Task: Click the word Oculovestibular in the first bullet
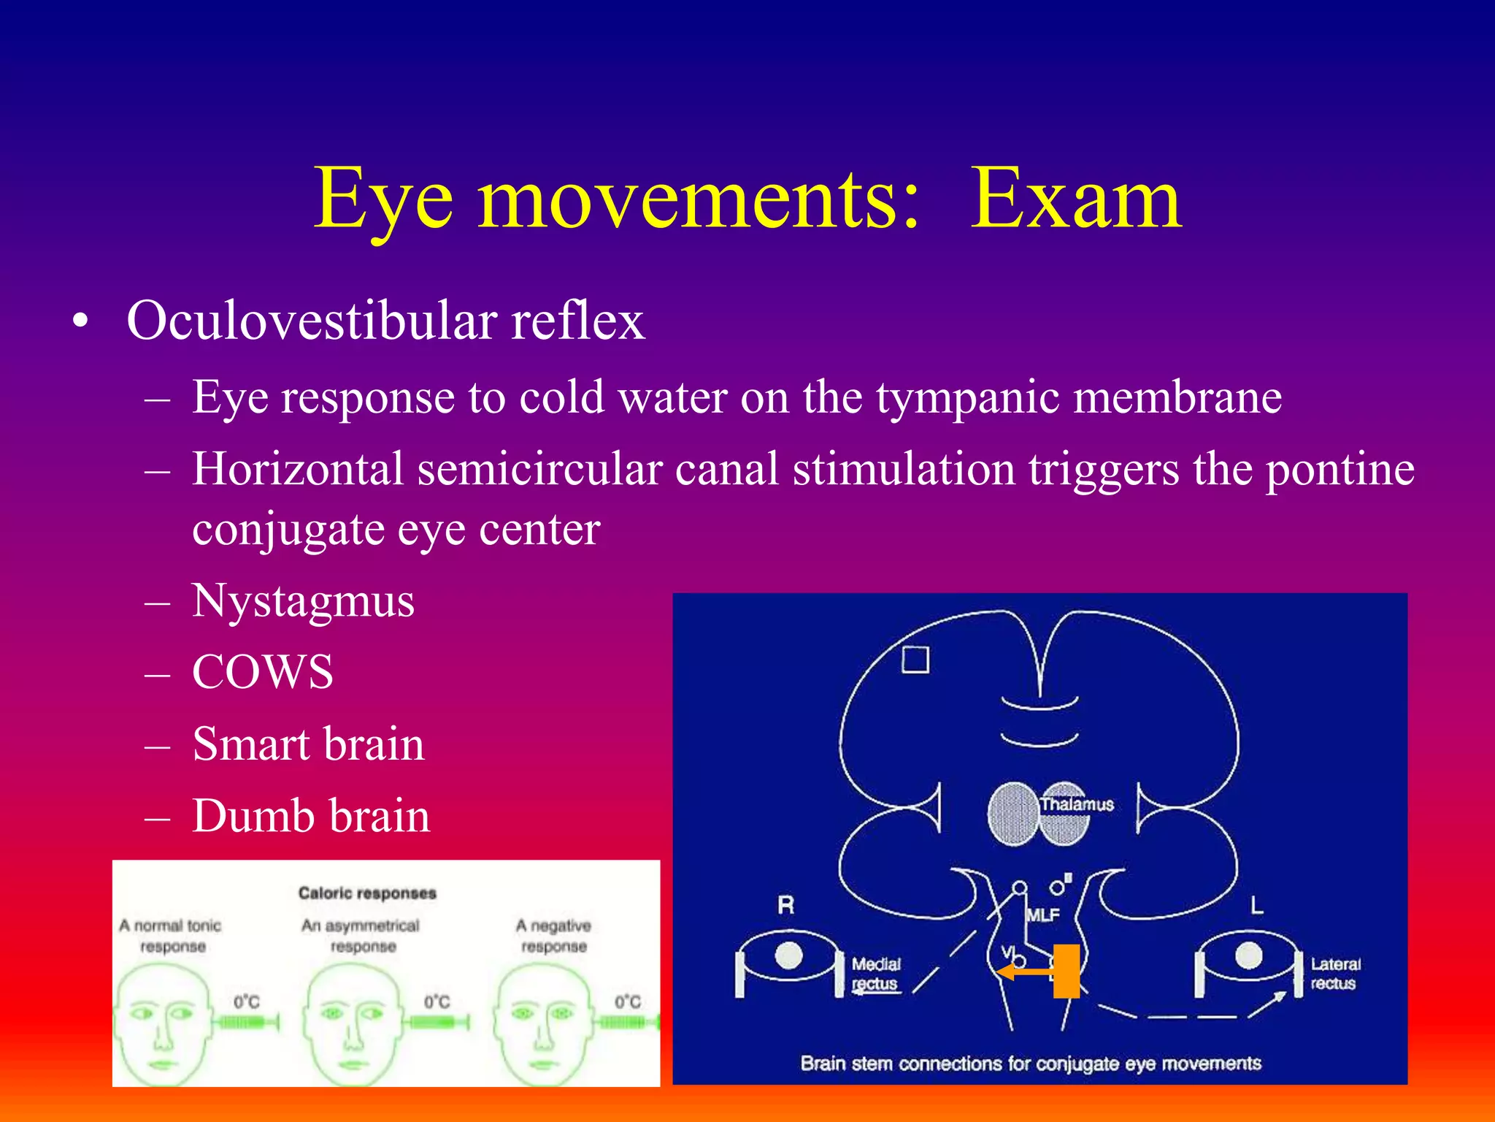311,321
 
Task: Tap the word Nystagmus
303,602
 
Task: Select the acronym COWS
262,673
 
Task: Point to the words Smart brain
308,744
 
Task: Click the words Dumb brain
311,816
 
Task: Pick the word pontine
1340,469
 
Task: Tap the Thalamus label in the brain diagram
1077,804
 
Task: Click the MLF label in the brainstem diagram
1042,915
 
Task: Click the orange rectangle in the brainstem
1067,971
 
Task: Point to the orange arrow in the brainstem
1024,972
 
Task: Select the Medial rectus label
876,974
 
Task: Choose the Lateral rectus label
1335,974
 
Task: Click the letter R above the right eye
785,906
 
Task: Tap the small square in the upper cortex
915,660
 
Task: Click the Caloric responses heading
367,893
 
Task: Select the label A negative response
553,936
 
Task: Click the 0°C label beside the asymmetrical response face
437,1001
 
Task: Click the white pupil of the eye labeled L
1248,955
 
